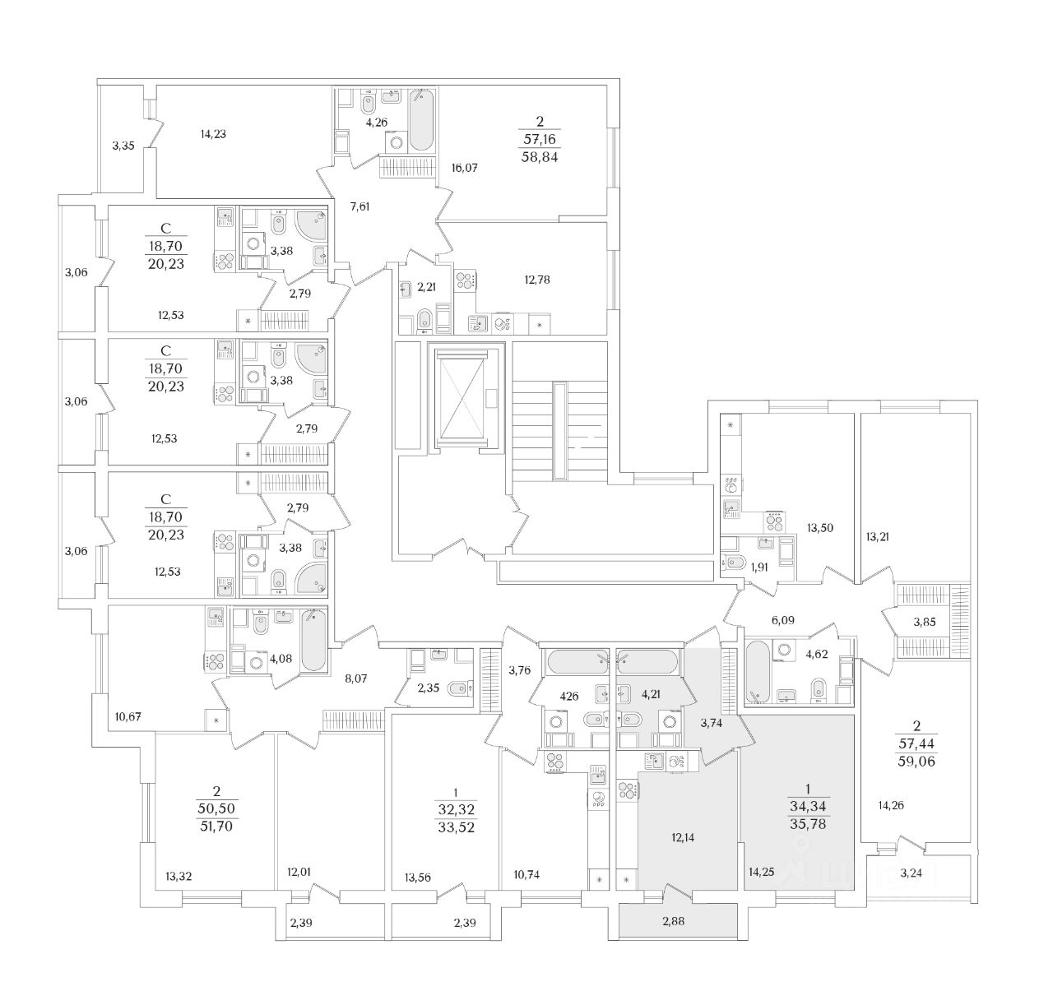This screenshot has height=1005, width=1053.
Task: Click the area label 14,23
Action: (x=213, y=134)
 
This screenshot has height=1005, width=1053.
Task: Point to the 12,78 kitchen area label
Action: (x=536, y=279)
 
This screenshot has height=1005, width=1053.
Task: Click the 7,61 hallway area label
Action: (x=360, y=206)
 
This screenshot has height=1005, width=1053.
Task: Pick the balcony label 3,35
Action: (x=123, y=146)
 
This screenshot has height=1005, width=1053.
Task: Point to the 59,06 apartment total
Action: (x=917, y=762)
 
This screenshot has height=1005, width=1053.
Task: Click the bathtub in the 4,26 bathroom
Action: (x=421, y=121)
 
